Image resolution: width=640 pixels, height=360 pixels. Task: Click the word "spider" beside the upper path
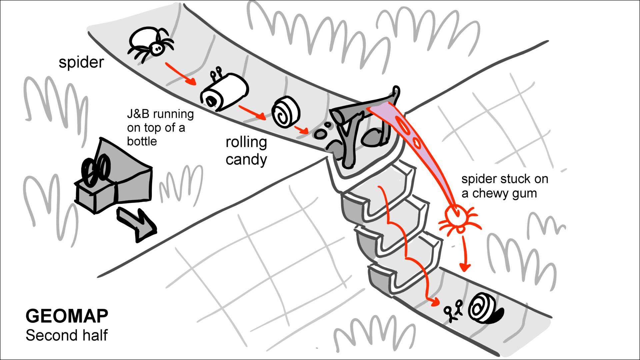pyautogui.click(x=81, y=62)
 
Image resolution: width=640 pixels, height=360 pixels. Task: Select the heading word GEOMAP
pyautogui.click(x=67, y=316)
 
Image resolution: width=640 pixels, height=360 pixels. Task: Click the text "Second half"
pyautogui.click(x=67, y=335)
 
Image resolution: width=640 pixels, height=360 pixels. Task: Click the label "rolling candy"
pyautogui.click(x=246, y=151)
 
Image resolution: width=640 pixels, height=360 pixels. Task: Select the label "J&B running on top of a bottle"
pyautogui.click(x=159, y=127)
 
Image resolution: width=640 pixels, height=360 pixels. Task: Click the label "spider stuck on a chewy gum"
pyautogui.click(x=504, y=186)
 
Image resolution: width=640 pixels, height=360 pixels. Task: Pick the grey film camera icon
pyautogui.click(x=113, y=177)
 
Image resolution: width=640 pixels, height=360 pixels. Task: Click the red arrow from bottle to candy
pyautogui.click(x=252, y=112)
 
